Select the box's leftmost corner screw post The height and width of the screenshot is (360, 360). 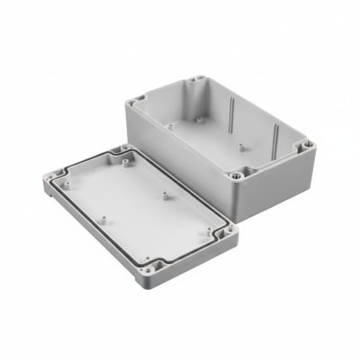(x=138, y=102)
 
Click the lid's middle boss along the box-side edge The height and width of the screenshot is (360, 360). (x=166, y=191)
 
